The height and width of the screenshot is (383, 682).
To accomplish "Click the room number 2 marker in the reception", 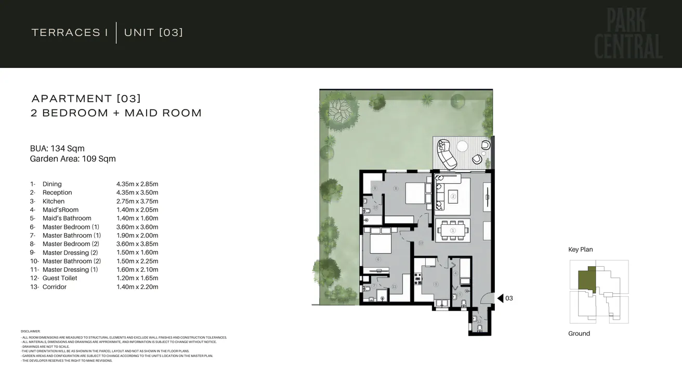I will coord(453,197).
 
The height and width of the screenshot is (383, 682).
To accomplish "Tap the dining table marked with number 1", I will coord(453,230).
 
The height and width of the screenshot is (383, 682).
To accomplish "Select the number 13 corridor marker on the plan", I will coord(421,243).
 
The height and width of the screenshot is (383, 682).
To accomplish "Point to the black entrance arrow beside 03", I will coord(500,298).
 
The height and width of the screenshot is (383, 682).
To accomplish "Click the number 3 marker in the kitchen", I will coord(436,284).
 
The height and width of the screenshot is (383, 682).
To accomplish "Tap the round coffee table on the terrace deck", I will coord(463,146).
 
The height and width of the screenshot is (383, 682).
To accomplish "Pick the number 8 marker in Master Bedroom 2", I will coord(396,188).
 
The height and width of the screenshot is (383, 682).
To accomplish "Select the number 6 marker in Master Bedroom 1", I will coord(377,259).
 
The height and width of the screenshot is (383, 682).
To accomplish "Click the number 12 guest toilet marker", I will coord(479,321).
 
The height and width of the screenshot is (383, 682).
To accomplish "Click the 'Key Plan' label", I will coord(580,250).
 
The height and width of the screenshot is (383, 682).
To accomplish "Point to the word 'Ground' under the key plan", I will coord(579,334).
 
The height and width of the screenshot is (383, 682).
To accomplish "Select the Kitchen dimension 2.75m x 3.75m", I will coord(137,201).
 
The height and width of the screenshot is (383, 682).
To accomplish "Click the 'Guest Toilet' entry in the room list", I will coord(60,278).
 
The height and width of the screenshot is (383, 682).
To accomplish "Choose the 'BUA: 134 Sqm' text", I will coord(57,148).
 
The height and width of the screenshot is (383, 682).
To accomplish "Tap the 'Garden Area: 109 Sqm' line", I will coord(73,159).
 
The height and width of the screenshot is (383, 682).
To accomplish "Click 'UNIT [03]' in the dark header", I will coord(153,33).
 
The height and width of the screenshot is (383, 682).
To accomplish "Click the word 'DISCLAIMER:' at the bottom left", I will coord(30,331).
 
